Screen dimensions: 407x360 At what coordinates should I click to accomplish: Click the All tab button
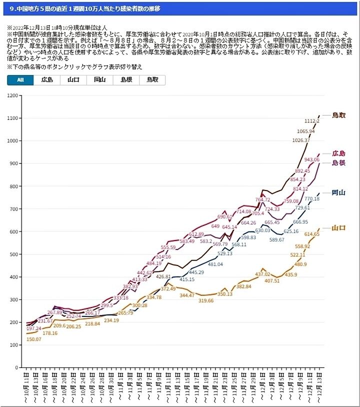coord(20,79)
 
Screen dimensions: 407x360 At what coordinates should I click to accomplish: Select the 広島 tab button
coord(47,79)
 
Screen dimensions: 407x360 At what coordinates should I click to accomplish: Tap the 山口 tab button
coord(73,79)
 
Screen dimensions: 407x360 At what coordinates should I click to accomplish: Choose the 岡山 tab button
coord(99,79)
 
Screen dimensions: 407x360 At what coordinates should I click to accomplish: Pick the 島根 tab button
coord(126,79)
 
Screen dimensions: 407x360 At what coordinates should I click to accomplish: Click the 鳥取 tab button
coord(152,79)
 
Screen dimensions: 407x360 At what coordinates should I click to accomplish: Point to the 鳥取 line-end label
coord(338,115)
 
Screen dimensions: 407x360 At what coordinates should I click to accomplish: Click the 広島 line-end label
coord(338,153)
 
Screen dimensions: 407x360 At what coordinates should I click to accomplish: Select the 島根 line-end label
coord(338,163)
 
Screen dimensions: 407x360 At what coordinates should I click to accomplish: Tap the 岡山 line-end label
coord(338,193)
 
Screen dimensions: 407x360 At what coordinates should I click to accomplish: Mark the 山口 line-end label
coord(338,228)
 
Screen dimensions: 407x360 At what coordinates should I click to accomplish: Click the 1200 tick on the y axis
coord(13,95)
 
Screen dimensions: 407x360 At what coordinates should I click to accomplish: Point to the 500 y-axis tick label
coord(15,254)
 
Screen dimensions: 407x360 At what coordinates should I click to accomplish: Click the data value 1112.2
coord(311,121)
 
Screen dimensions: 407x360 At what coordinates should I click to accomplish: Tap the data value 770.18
coord(312,199)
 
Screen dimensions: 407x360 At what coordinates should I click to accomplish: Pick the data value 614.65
coord(312,234)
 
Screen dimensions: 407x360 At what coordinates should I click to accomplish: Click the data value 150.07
coord(34,339)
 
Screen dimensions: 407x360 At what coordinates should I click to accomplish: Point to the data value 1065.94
coord(305,131)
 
